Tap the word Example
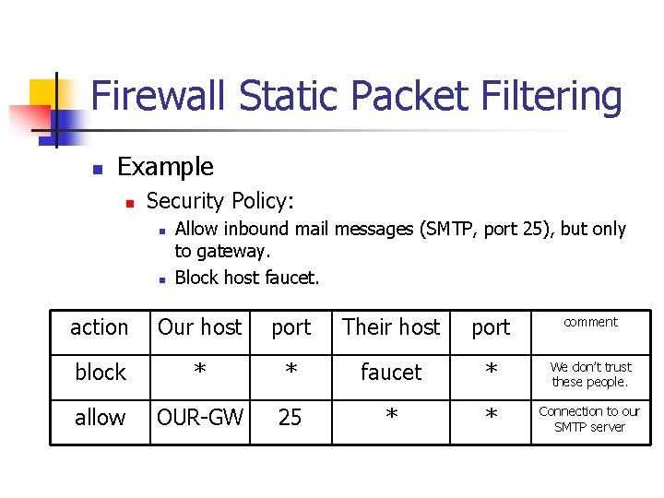[x=165, y=167]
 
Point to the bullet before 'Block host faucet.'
[x=160, y=279]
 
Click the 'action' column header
[x=100, y=327]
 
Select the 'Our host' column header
[x=199, y=327]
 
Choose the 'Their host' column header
[x=391, y=327]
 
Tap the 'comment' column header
[x=590, y=322]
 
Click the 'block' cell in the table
[x=100, y=373]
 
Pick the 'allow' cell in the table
[x=100, y=418]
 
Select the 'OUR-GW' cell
[x=199, y=418]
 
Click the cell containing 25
[x=290, y=418]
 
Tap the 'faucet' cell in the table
[x=391, y=373]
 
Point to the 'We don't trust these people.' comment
[x=590, y=374]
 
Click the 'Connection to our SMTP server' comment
[x=590, y=419]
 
